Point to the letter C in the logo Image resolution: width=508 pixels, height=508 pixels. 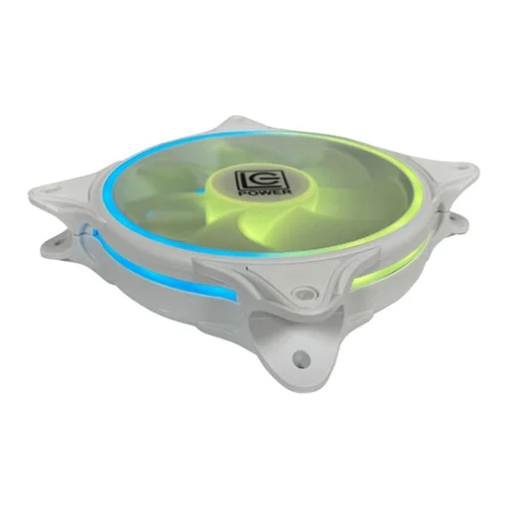tap(256, 181)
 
